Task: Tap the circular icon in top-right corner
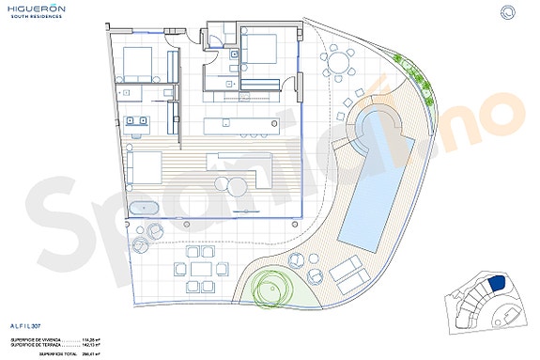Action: pyautogui.click(x=508, y=12)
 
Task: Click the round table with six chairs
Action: pyautogui.click(x=337, y=64)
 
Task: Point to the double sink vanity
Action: pyautogui.click(x=139, y=120)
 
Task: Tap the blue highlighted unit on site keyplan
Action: pyautogui.click(x=498, y=282)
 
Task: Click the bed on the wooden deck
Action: pyautogui.click(x=147, y=167)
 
